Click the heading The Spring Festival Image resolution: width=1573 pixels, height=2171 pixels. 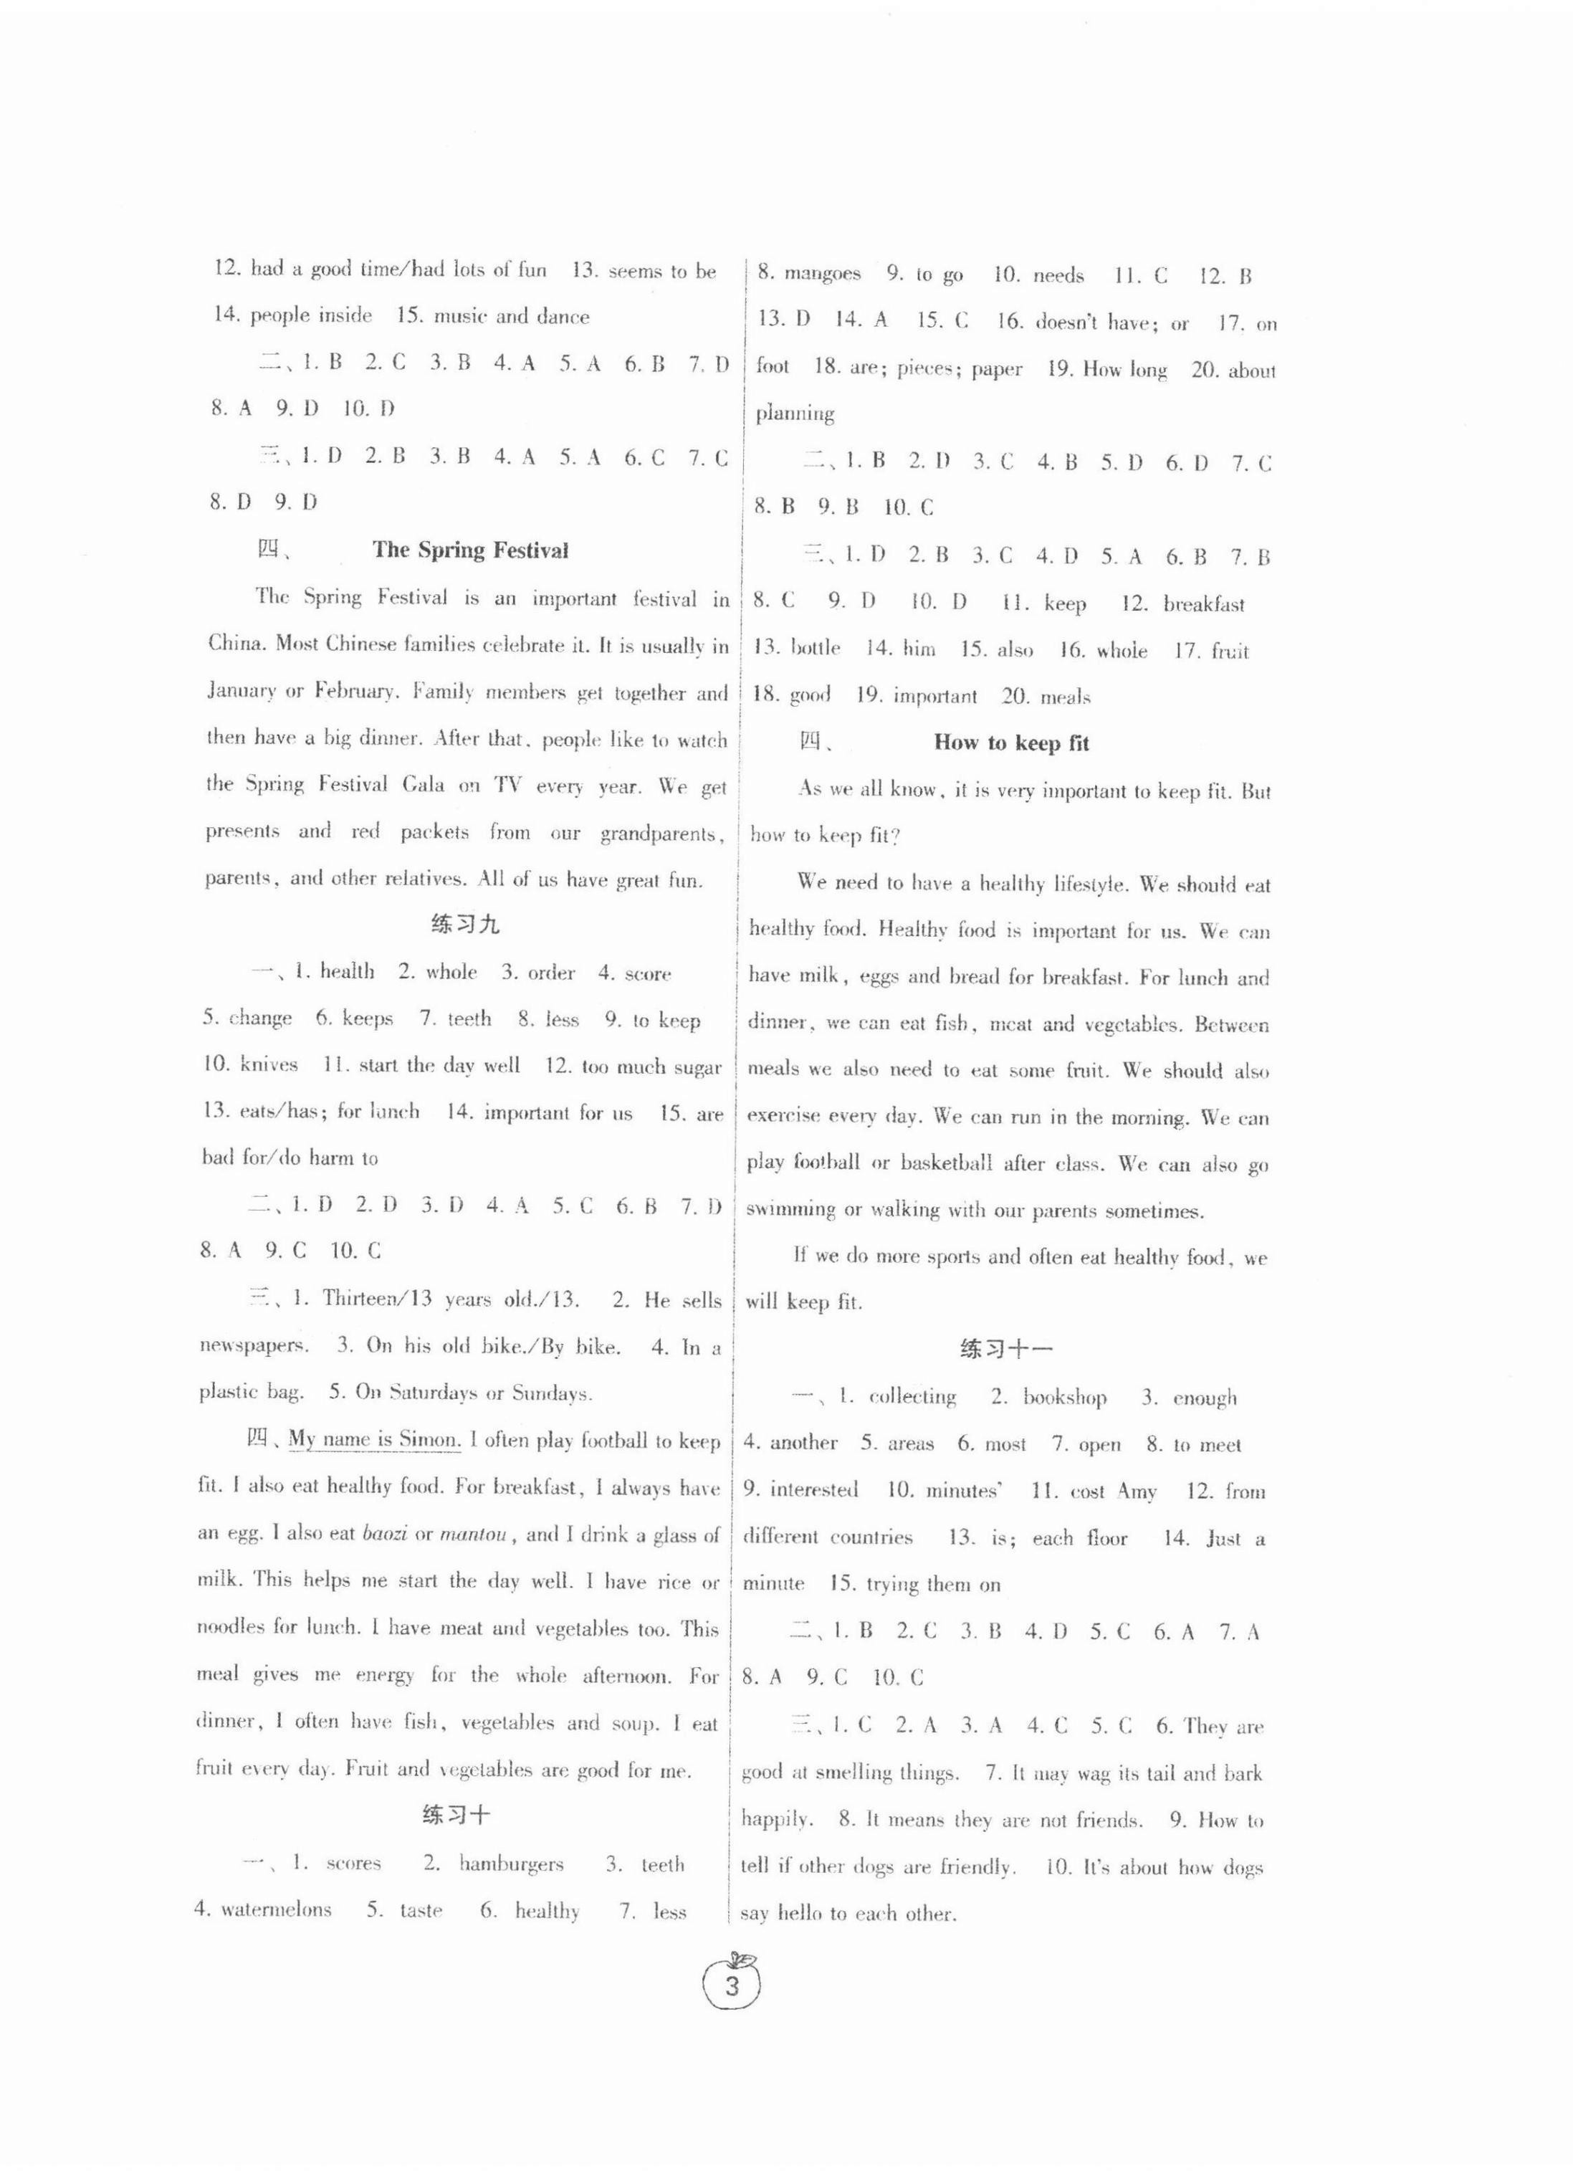470,550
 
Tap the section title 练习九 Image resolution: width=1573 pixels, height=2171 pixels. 465,925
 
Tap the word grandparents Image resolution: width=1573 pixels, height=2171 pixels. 660,834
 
